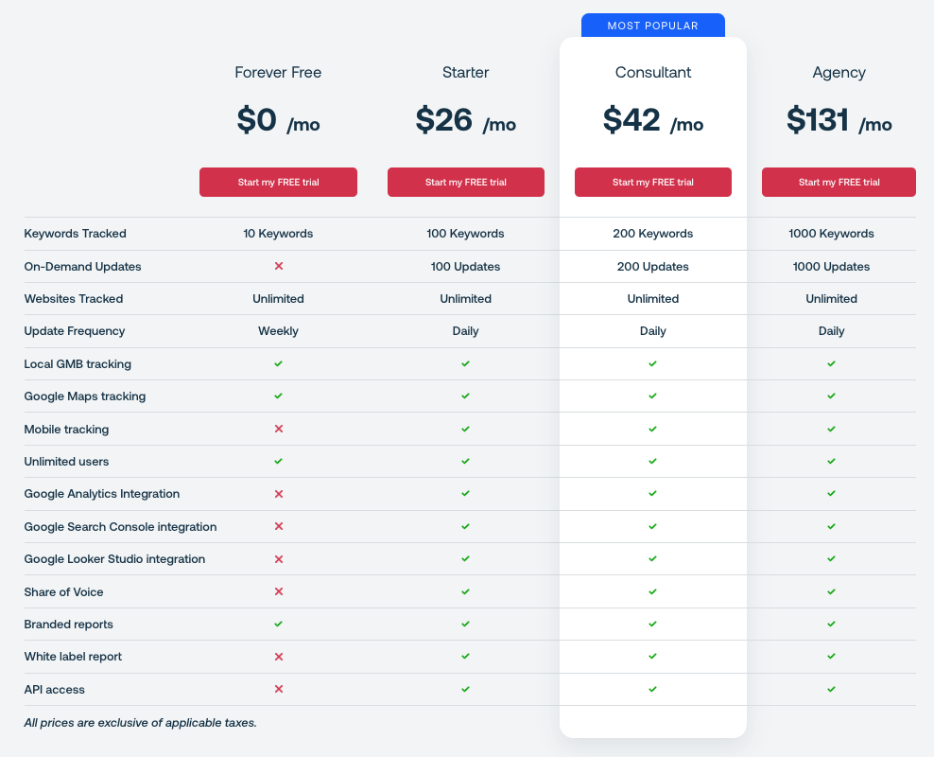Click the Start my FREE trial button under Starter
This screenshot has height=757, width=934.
[x=465, y=182]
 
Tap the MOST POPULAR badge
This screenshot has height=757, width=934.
[x=652, y=26]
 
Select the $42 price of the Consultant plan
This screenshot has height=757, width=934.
[x=631, y=120]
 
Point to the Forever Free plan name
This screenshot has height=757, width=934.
[x=278, y=72]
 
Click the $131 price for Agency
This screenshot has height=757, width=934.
[x=818, y=120]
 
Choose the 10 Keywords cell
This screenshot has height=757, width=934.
[x=278, y=234]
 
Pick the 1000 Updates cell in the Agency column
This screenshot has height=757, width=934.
[x=831, y=267]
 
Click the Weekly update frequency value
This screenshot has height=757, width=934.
[x=278, y=331]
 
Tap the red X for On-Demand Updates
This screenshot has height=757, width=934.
[x=278, y=267]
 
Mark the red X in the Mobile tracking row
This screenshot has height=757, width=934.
[x=278, y=429]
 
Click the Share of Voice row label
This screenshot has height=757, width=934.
[x=63, y=592]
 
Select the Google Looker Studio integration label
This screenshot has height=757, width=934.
[x=114, y=559]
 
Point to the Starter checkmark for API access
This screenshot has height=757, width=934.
[x=465, y=689]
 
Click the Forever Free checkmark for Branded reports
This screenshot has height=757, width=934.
[x=278, y=625]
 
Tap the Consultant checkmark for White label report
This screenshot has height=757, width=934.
[x=652, y=657]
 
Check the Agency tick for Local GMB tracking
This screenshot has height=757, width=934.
[x=831, y=363]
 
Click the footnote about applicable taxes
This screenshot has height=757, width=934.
[x=140, y=723]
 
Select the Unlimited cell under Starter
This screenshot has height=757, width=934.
[x=465, y=299]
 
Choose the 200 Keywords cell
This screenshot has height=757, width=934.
[x=652, y=234]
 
